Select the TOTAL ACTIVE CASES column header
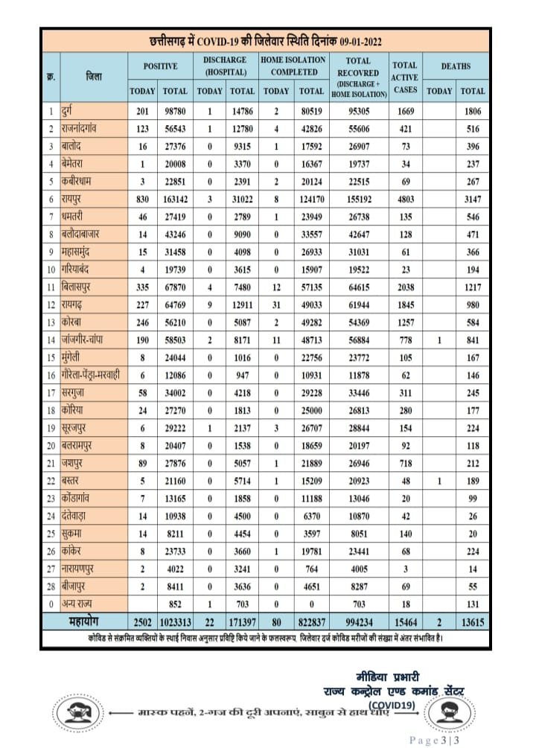(x=405, y=77)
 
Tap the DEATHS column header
(x=456, y=66)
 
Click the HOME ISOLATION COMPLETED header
(x=293, y=66)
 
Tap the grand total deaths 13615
(x=472, y=621)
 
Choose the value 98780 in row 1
(x=176, y=112)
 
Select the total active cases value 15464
(x=405, y=621)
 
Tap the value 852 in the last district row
(x=176, y=604)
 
